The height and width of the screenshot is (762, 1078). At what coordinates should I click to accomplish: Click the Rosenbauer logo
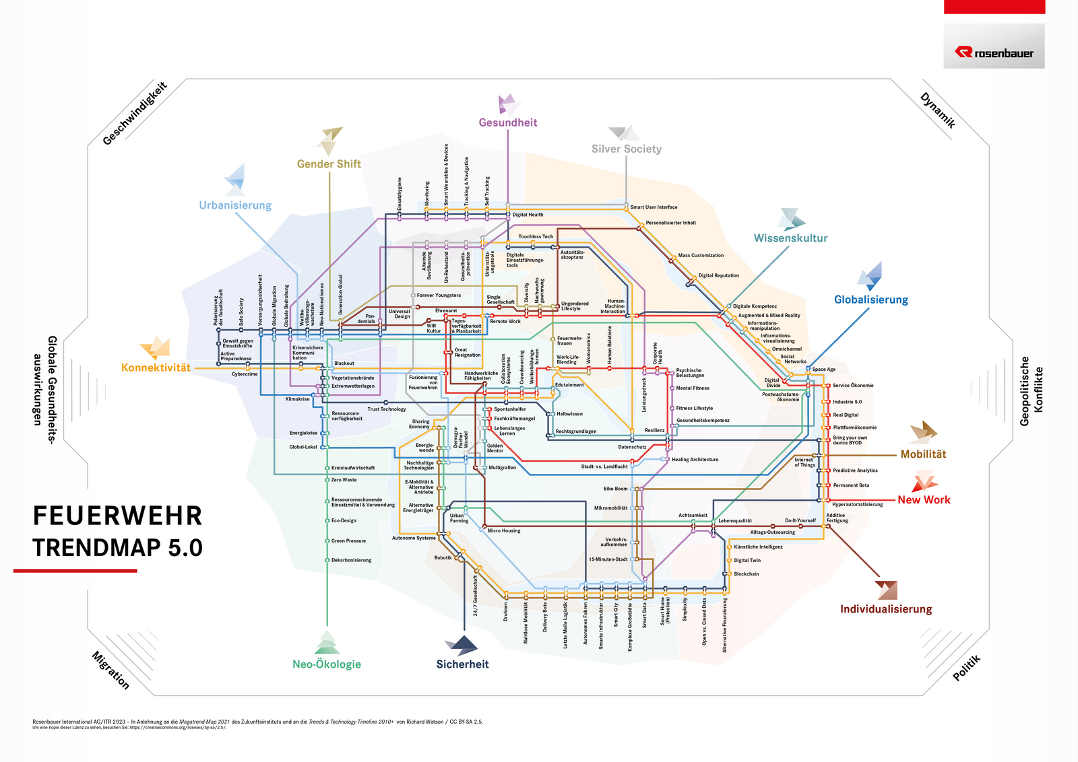pyautogui.click(x=994, y=53)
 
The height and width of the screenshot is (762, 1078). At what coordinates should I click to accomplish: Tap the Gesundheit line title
pyautogui.click(x=508, y=123)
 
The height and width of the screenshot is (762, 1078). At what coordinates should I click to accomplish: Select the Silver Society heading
pyautogui.click(x=627, y=149)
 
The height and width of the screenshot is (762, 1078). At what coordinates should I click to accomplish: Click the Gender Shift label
pyautogui.click(x=329, y=164)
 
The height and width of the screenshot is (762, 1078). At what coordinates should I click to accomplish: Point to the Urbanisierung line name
pyautogui.click(x=235, y=205)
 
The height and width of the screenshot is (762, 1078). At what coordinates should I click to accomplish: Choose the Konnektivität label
pyautogui.click(x=156, y=368)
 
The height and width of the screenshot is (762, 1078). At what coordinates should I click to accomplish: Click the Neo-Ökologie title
pyautogui.click(x=327, y=664)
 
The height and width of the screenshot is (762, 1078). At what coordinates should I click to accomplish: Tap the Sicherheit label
pyautogui.click(x=462, y=664)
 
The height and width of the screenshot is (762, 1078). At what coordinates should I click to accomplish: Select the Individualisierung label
pyautogui.click(x=886, y=609)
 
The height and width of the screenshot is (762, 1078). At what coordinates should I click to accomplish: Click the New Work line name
pyautogui.click(x=924, y=499)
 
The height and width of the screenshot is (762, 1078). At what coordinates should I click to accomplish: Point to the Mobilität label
pyautogui.click(x=923, y=454)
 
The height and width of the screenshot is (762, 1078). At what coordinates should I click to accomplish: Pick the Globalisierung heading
pyautogui.click(x=871, y=300)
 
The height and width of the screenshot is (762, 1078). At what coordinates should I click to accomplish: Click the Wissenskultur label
pyautogui.click(x=790, y=238)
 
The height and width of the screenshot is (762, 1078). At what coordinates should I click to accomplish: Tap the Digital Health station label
pyautogui.click(x=528, y=215)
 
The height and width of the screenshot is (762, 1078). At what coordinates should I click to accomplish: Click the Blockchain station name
pyautogui.click(x=746, y=574)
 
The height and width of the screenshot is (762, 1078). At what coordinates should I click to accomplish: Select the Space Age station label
pyautogui.click(x=823, y=370)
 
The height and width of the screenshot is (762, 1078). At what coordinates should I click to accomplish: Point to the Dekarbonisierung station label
pyautogui.click(x=351, y=560)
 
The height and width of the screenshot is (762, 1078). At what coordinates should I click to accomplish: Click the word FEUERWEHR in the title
pyautogui.click(x=118, y=516)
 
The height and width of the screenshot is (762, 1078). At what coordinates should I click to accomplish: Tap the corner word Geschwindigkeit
pyautogui.click(x=135, y=113)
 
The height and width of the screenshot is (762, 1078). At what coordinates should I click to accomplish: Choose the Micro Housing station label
pyautogui.click(x=504, y=531)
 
